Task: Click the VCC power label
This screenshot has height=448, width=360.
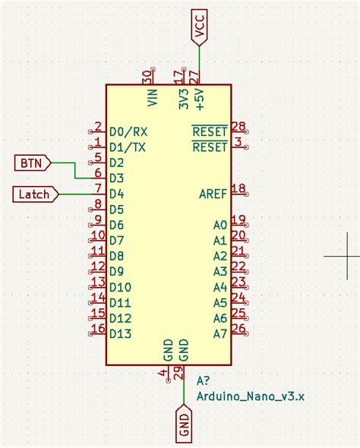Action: [x=200, y=27]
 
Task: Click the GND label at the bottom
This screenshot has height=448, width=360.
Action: [x=184, y=421]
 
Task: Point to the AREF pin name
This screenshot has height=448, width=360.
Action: [x=213, y=194]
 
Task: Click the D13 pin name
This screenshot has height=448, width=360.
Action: [x=121, y=334]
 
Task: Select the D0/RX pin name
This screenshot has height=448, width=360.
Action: [x=128, y=131]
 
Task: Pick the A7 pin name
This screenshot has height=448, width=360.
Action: [x=220, y=334]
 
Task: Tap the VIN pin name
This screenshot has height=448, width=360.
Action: [x=151, y=97]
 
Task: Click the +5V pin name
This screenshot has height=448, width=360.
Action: [x=199, y=97]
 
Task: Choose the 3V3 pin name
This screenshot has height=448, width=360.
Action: [x=183, y=99]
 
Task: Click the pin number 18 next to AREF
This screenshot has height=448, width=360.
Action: [x=238, y=189]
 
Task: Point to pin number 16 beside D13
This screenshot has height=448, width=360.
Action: [x=97, y=329]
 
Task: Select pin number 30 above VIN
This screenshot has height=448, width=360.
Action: [x=147, y=77]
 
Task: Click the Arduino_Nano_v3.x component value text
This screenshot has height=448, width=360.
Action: [x=251, y=396]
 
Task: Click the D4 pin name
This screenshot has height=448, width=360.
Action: [x=116, y=194]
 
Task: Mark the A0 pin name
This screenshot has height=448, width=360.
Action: [x=220, y=226]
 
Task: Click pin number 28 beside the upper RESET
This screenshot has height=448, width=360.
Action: [x=238, y=126]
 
